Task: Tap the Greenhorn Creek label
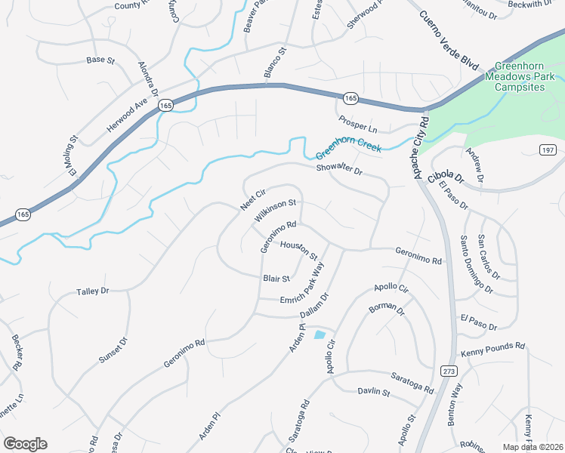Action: [348, 143]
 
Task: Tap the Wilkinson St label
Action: [275, 209]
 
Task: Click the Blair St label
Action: [276, 278]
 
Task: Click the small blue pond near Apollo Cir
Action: [320, 334]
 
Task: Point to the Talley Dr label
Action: [93, 291]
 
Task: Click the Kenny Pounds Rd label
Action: [492, 350]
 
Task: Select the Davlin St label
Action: [372, 392]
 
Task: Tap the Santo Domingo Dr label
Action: [476, 263]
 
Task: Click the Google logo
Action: [25, 443]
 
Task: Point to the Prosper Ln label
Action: [358, 124]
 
